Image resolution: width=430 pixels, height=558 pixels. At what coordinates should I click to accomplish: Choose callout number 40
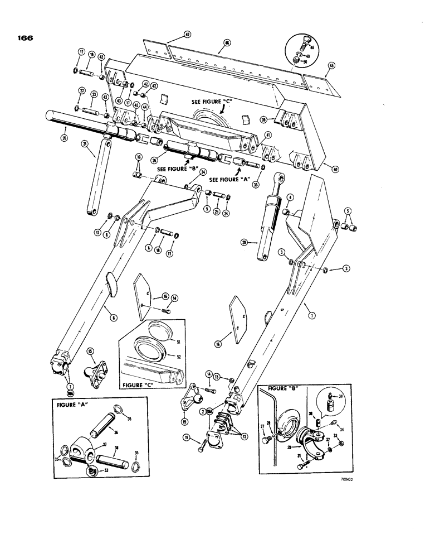coord(334,169)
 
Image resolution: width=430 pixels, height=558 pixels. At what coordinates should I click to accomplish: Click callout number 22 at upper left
coord(81,92)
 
